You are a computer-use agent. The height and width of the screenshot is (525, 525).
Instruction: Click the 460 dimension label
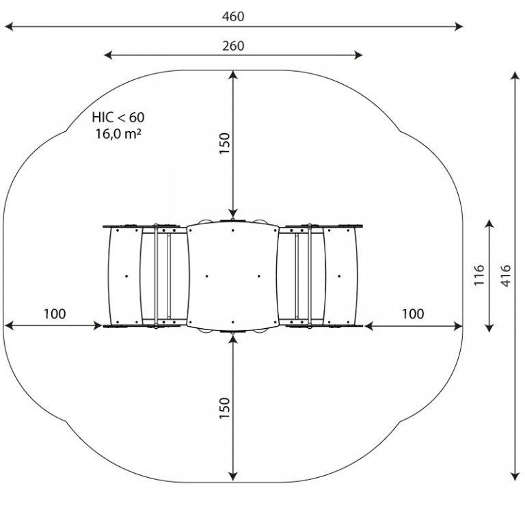point(233,16)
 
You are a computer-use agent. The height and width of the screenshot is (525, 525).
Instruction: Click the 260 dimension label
point(233,46)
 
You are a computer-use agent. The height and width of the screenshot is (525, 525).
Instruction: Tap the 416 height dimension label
point(506,276)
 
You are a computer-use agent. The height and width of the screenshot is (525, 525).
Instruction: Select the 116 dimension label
point(479,275)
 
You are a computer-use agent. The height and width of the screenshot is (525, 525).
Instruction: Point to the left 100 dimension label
point(55,314)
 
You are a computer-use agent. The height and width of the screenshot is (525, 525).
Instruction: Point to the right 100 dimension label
point(413,314)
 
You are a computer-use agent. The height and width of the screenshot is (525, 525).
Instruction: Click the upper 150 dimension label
point(225,144)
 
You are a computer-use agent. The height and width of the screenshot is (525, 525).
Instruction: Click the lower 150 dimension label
point(225,408)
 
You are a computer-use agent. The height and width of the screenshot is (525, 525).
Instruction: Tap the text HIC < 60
point(118,118)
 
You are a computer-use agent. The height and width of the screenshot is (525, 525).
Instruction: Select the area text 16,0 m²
point(118,134)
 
